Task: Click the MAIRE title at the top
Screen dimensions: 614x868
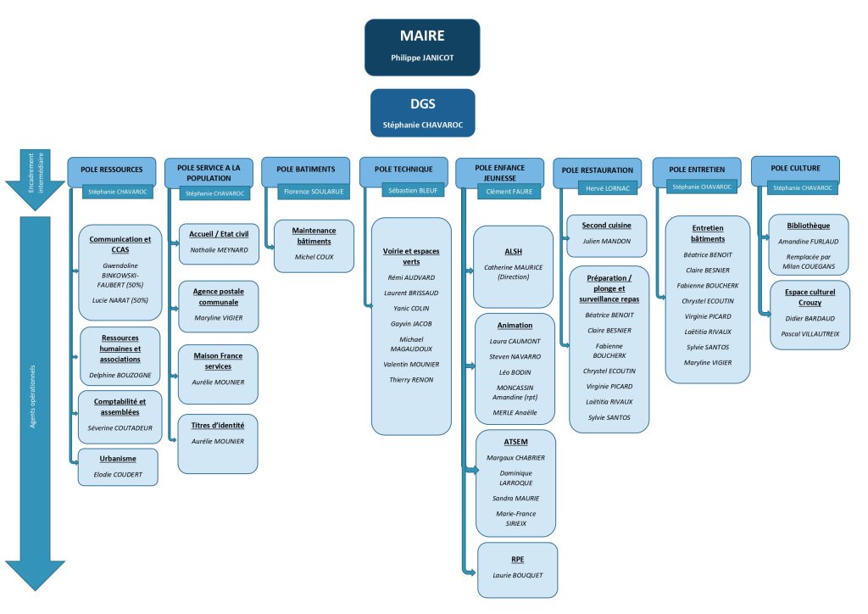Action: click(422, 36)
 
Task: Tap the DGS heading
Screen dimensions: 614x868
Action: click(422, 104)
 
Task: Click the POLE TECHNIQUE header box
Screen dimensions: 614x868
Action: click(403, 169)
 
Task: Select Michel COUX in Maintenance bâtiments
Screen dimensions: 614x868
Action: click(314, 256)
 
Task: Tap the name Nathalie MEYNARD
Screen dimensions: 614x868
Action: click(218, 250)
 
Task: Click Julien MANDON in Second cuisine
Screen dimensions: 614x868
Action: click(607, 242)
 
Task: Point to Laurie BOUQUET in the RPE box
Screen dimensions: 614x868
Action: click(517, 576)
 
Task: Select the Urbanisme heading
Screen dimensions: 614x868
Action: click(118, 458)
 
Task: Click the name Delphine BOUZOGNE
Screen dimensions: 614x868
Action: click(120, 374)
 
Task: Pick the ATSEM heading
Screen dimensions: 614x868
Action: click(515, 442)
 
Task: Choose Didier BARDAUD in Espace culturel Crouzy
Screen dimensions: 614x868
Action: click(810, 318)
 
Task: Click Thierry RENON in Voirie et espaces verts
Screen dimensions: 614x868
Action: click(410, 379)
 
